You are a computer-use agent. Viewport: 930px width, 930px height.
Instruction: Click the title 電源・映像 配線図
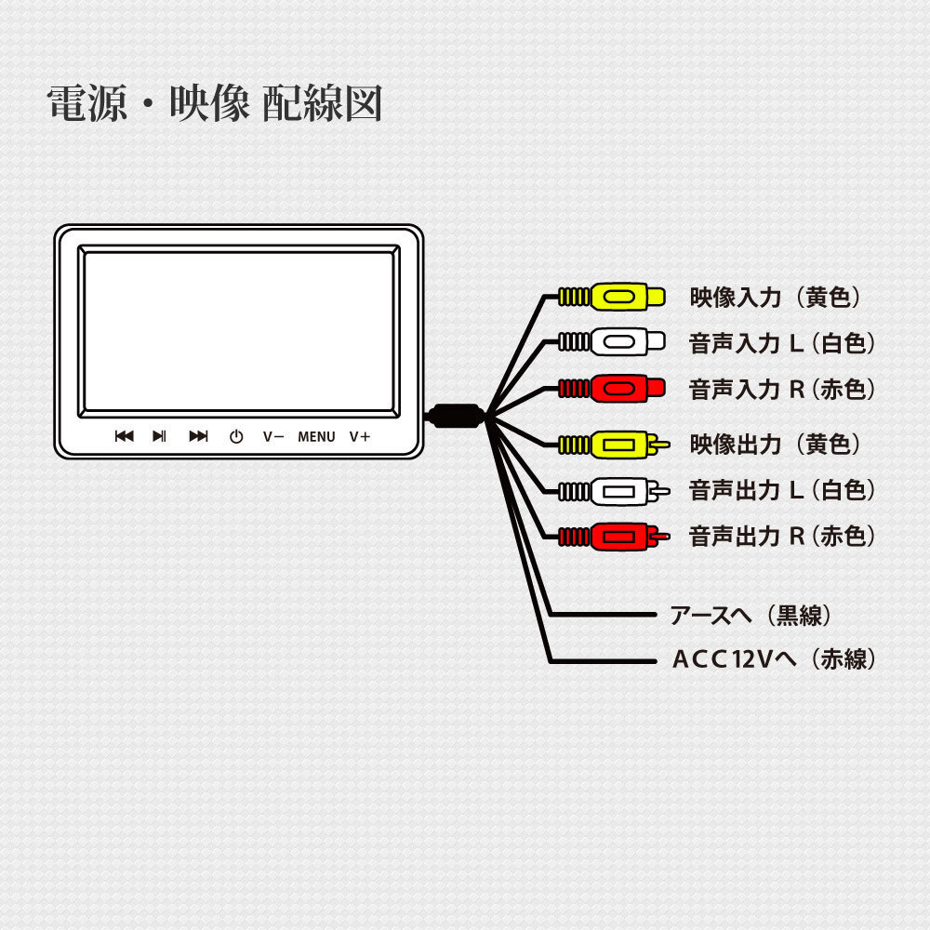(x=215, y=104)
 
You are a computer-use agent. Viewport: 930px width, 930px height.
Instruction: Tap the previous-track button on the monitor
(x=124, y=436)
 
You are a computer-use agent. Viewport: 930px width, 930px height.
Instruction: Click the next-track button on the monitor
(x=198, y=436)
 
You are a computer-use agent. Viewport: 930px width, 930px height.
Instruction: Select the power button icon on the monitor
(x=236, y=436)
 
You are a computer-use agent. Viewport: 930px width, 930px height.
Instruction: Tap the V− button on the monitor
(x=272, y=436)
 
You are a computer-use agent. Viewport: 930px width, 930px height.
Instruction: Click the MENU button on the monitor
(x=316, y=436)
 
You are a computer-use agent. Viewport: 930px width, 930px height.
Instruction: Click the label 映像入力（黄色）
(x=777, y=298)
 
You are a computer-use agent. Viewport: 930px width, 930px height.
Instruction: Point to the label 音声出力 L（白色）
(x=782, y=490)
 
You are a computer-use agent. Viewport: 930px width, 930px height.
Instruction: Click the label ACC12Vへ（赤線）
(x=774, y=659)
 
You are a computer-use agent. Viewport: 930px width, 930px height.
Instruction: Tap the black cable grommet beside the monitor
(x=455, y=416)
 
